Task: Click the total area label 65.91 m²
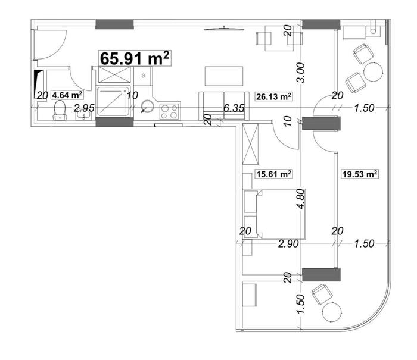click(x=135, y=58)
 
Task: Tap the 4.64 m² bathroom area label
click(x=67, y=95)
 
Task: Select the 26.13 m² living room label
click(x=273, y=96)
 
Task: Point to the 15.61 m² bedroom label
click(x=273, y=174)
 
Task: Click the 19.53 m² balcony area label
click(x=359, y=174)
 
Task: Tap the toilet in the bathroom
click(x=60, y=110)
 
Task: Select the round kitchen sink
click(x=147, y=107)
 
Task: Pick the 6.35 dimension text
click(x=234, y=108)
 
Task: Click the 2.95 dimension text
click(x=84, y=108)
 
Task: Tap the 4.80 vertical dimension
click(x=301, y=199)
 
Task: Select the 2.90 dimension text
click(x=288, y=243)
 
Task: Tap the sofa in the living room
click(x=224, y=106)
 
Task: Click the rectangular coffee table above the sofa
click(x=224, y=76)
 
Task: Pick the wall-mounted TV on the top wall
click(x=224, y=29)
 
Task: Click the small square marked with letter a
click(x=143, y=76)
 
